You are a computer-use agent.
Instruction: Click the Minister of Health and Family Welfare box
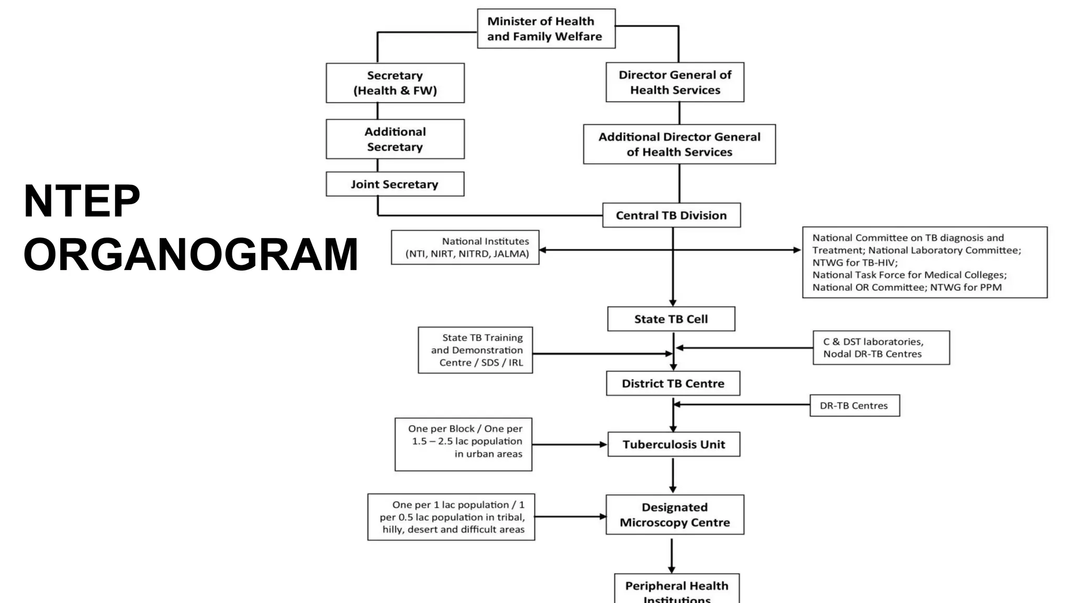pyautogui.click(x=546, y=29)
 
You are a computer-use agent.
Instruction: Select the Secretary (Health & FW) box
pyautogui.click(x=395, y=83)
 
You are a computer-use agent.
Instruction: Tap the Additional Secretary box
pyautogui.click(x=395, y=139)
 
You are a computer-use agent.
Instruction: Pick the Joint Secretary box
pyautogui.click(x=395, y=184)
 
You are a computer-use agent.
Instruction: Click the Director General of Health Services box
pyautogui.click(x=675, y=82)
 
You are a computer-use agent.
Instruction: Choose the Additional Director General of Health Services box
pyautogui.click(x=679, y=144)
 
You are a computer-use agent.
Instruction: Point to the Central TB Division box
pyautogui.click(x=671, y=215)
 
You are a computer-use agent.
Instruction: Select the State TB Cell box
pyautogui.click(x=671, y=319)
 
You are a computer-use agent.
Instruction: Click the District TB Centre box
pyautogui.click(x=673, y=384)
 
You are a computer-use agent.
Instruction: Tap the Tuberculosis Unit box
pyautogui.click(x=674, y=444)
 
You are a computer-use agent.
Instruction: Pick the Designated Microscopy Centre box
pyautogui.click(x=674, y=515)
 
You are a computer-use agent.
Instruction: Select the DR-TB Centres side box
pyautogui.click(x=854, y=406)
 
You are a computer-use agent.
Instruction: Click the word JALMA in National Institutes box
pyautogui.click(x=510, y=254)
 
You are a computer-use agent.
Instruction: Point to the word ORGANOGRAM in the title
pyautogui.click(x=191, y=254)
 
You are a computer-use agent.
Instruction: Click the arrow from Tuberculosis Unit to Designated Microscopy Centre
pyautogui.click(x=673, y=475)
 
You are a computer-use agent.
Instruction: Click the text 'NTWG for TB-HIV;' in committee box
pyautogui.click(x=854, y=263)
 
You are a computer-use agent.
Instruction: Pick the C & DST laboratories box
pyautogui.click(x=880, y=348)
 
